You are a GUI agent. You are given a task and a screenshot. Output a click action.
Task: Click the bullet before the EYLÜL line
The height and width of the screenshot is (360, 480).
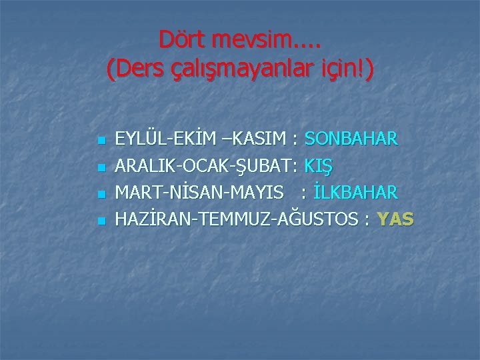[99, 141]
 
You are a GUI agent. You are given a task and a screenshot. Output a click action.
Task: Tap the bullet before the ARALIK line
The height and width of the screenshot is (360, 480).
[99, 167]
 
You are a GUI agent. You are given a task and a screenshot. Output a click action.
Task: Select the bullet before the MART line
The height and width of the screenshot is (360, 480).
[99, 193]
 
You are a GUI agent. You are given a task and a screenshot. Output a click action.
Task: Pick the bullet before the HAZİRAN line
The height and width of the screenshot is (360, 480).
[99, 219]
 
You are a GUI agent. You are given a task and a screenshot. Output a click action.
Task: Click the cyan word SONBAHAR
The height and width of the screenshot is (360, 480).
[351, 139]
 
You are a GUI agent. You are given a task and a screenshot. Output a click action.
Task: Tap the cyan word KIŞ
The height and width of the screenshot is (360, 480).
[320, 165]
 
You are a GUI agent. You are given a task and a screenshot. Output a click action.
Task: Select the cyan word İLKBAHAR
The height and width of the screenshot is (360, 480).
[355, 192]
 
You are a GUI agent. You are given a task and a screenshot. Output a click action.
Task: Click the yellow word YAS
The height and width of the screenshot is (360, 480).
[395, 218]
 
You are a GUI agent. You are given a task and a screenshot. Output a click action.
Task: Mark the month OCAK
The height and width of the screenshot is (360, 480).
[204, 165]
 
